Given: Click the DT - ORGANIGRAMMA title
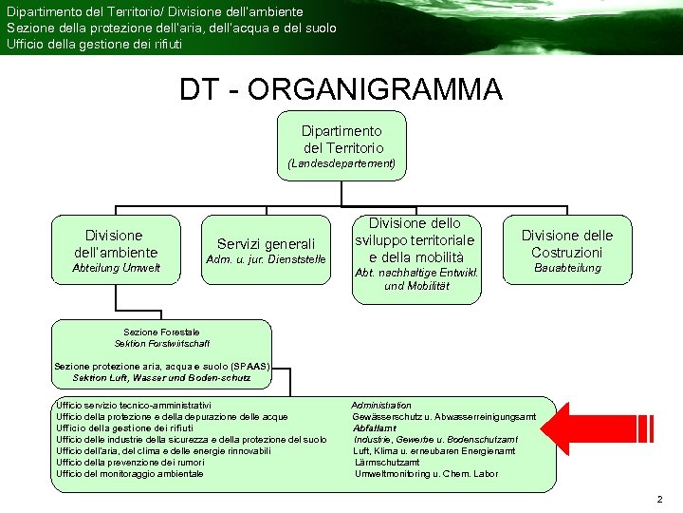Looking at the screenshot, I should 341,90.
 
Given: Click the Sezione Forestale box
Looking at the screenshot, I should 161,337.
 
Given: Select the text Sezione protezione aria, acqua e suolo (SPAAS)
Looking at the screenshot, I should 162,366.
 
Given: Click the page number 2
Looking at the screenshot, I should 659,500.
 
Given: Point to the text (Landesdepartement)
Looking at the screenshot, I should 341,163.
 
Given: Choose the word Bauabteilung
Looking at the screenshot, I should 567,268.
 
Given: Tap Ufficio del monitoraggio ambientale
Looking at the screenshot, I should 130,473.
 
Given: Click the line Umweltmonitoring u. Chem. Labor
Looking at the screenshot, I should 425,473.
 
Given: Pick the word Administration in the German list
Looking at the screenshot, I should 381,405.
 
